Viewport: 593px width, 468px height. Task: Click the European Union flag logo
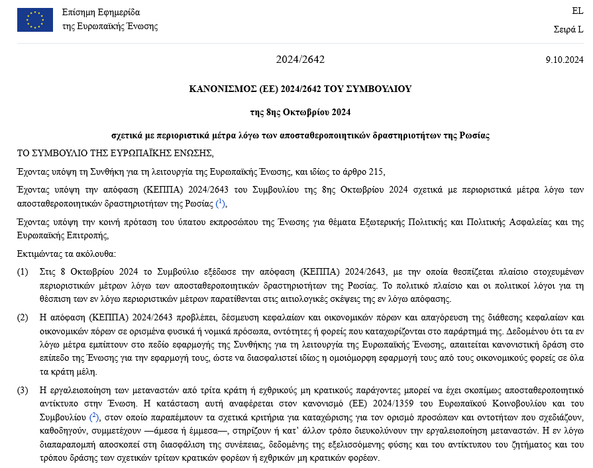[x=34, y=20]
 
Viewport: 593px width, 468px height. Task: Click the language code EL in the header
[x=577, y=11]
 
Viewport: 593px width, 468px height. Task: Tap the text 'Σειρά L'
[x=568, y=29]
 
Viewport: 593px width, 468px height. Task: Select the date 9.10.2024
[x=565, y=60]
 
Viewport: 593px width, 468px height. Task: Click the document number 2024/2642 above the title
[x=300, y=60]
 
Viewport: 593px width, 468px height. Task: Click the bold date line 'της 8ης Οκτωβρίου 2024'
[x=300, y=112]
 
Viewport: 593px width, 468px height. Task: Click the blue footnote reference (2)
[x=94, y=417]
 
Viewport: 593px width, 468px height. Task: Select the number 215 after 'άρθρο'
[x=374, y=171]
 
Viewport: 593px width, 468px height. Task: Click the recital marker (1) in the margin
[x=23, y=272]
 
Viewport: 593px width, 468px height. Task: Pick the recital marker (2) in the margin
[x=23, y=318]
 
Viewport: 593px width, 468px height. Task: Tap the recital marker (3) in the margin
[x=23, y=389]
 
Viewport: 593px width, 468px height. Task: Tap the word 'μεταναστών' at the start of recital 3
[x=129, y=389]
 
